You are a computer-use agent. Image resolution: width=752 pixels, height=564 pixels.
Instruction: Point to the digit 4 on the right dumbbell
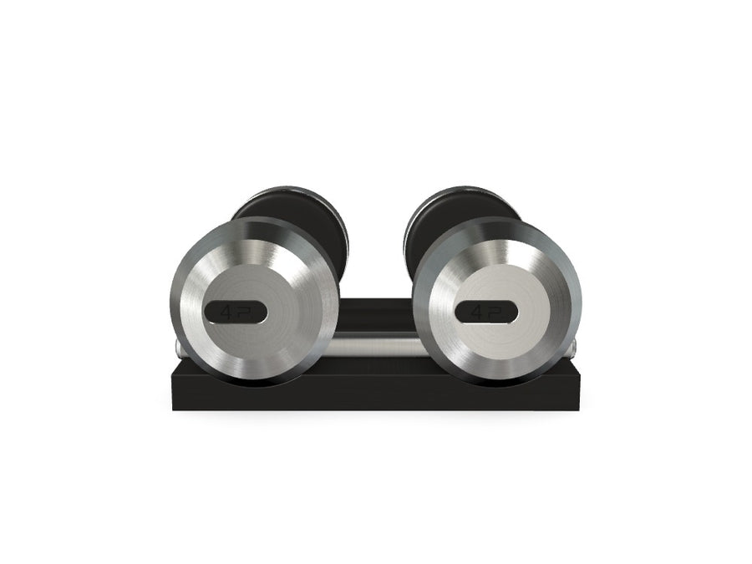(x=476, y=312)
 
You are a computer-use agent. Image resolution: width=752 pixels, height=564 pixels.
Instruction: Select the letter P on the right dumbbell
(x=493, y=312)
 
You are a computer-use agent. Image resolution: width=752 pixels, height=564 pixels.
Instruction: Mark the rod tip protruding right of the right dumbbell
(x=579, y=344)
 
